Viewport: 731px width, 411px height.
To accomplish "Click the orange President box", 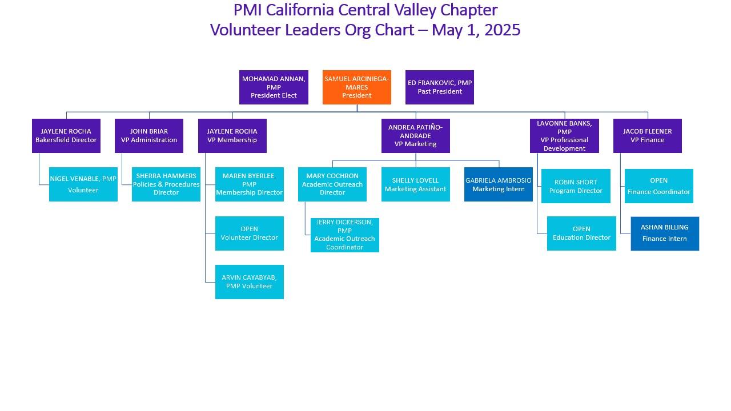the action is pyautogui.click(x=357, y=87).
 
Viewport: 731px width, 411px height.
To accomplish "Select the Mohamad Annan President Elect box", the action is pyautogui.click(x=274, y=87).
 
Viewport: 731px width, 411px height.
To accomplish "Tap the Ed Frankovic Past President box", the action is pyautogui.click(x=440, y=87).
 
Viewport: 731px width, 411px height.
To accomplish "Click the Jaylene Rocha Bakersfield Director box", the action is pyautogui.click(x=66, y=136).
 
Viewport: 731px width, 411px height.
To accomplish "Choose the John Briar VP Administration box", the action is pyautogui.click(x=149, y=136).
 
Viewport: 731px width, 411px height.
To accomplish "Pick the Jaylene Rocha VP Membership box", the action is pyautogui.click(x=232, y=136).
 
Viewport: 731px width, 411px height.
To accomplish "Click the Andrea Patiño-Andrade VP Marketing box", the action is pyautogui.click(x=415, y=136).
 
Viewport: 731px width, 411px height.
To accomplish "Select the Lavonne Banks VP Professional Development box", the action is pyautogui.click(x=564, y=136).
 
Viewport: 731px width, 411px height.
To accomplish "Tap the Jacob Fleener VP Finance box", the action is pyautogui.click(x=648, y=136).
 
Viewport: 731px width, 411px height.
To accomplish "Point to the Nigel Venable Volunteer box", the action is pyautogui.click(x=83, y=184).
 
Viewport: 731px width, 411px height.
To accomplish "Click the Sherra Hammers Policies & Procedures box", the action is pyautogui.click(x=166, y=184).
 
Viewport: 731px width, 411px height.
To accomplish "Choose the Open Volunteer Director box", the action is pyautogui.click(x=250, y=233).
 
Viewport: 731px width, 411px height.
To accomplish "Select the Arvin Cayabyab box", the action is pyautogui.click(x=250, y=282).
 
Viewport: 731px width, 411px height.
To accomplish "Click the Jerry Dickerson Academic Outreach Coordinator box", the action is pyautogui.click(x=344, y=235).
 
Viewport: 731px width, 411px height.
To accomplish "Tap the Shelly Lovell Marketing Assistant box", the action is pyautogui.click(x=415, y=184).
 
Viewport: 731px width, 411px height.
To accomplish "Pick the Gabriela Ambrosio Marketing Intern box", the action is pyautogui.click(x=499, y=184).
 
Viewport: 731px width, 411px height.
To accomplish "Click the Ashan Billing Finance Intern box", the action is pyautogui.click(x=665, y=233).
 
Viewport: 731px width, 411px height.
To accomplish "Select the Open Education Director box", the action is pyautogui.click(x=581, y=233).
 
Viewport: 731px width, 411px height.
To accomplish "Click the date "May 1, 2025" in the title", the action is pyautogui.click(x=476, y=30).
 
